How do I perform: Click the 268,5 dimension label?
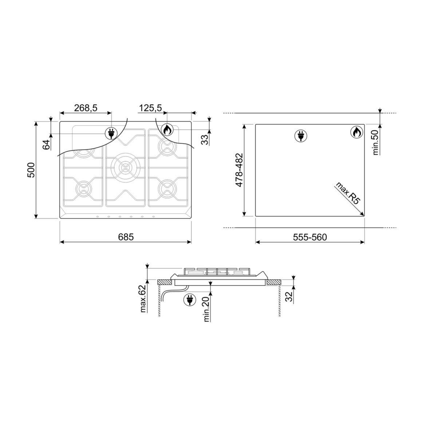pyautogui.click(x=86, y=108)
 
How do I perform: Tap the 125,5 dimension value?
pyautogui.click(x=150, y=108)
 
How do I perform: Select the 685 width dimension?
pyautogui.click(x=126, y=237)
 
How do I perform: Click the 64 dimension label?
pyautogui.click(x=46, y=145)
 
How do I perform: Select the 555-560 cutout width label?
pyautogui.click(x=310, y=237)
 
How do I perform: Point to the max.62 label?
pyautogui.click(x=142, y=299)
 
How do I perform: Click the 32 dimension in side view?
pyautogui.click(x=289, y=297)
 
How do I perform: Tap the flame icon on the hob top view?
pyautogui.click(x=167, y=130)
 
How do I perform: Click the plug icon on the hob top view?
pyautogui.click(x=111, y=133)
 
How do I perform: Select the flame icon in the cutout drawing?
pyautogui.click(x=357, y=132)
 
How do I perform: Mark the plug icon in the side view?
pyautogui.click(x=189, y=299)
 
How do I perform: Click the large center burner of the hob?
pyautogui.click(x=126, y=167)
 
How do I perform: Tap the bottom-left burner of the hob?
pyautogui.click(x=83, y=188)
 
